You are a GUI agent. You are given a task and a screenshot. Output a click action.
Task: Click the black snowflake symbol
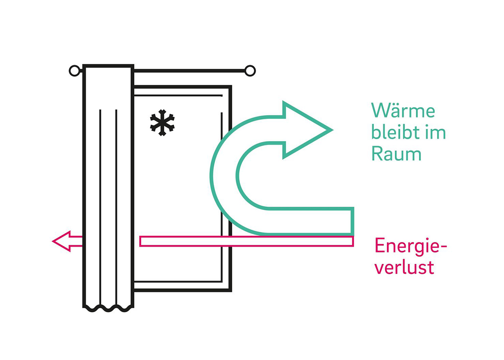click(x=162, y=123)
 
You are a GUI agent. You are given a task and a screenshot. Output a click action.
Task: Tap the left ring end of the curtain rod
click(x=74, y=71)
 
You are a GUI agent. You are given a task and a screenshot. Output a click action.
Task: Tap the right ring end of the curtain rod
click(x=250, y=71)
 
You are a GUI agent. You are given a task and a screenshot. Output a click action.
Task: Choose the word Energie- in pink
click(x=411, y=247)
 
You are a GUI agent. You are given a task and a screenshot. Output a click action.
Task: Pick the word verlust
click(x=404, y=268)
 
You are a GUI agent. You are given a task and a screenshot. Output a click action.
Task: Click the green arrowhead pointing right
click(x=307, y=130)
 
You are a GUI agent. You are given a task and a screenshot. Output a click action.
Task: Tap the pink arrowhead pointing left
click(x=61, y=241)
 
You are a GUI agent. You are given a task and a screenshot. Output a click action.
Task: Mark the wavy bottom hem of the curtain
click(x=108, y=308)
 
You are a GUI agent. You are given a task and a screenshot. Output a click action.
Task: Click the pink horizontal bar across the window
click(x=247, y=241)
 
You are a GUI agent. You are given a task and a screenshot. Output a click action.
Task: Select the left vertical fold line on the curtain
click(x=100, y=208)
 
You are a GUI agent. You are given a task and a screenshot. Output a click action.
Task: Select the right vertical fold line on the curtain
click(x=116, y=208)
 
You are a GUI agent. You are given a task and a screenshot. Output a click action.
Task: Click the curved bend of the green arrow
click(x=223, y=176)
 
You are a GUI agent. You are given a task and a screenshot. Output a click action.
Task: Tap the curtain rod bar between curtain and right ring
click(x=189, y=71)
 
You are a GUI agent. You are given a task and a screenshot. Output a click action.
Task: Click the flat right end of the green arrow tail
click(x=353, y=221)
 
